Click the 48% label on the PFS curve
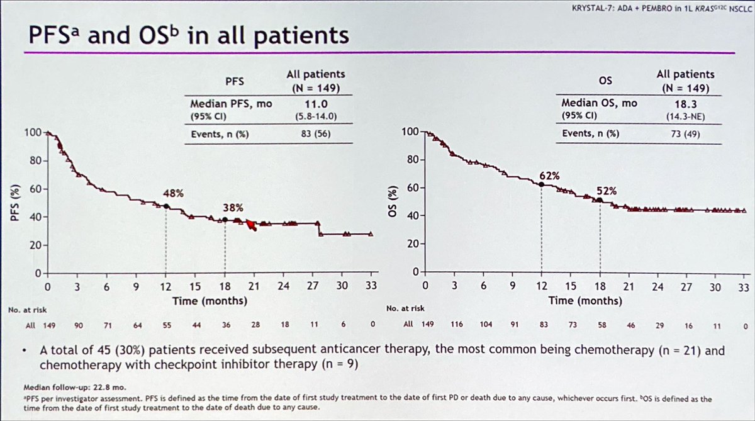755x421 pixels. [x=174, y=193]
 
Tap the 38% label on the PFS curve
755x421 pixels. [x=233, y=208]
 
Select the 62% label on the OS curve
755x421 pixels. [x=549, y=176]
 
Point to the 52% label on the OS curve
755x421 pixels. [x=607, y=191]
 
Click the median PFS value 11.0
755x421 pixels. [x=316, y=104]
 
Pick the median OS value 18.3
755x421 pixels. [x=685, y=104]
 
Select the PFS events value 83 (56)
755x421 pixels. [x=316, y=134]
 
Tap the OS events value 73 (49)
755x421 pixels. [x=685, y=134]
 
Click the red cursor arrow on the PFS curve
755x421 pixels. [x=252, y=225]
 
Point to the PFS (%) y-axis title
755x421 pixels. [x=14, y=203]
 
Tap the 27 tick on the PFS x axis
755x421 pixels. [x=313, y=286]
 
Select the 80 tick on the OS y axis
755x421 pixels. [x=413, y=159]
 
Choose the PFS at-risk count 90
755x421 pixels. [x=79, y=325]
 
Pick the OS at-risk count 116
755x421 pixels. [x=457, y=324]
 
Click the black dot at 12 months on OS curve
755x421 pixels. [x=541, y=184]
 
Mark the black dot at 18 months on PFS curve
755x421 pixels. [x=225, y=220]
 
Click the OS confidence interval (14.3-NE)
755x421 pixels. [x=686, y=117]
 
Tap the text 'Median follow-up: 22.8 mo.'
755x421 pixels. [x=75, y=387]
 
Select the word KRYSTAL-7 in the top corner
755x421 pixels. [x=593, y=8]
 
